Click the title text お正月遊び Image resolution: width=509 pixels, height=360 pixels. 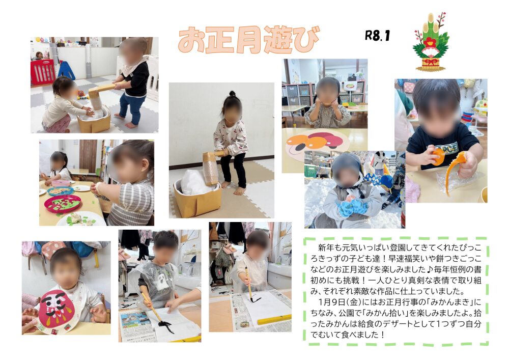249,40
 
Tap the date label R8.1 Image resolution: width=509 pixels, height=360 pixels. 377,35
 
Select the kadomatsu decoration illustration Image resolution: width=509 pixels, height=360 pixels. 431,42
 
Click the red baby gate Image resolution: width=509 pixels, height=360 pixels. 43,72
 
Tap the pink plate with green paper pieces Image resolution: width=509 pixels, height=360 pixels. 63,204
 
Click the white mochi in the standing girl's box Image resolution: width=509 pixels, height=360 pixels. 194,182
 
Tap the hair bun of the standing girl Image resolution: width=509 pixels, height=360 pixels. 232,94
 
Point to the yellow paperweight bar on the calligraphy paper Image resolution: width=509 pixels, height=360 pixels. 274,319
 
